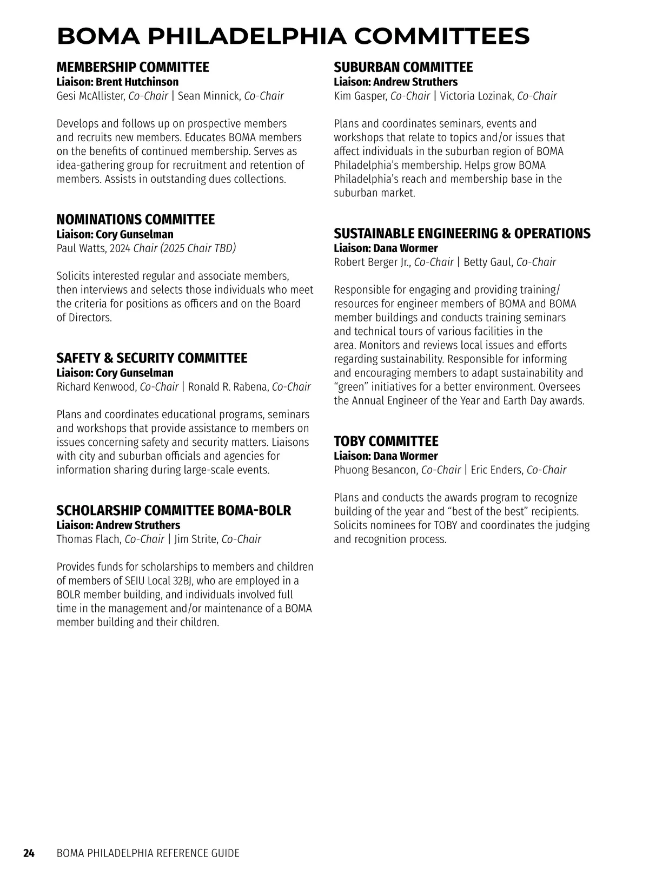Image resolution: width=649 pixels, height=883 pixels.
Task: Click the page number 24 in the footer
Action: click(x=29, y=853)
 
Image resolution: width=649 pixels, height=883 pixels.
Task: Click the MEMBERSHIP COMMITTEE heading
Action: click(x=133, y=68)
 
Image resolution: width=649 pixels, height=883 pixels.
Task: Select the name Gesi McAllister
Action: click(x=90, y=96)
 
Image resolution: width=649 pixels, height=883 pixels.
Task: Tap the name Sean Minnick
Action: click(x=208, y=96)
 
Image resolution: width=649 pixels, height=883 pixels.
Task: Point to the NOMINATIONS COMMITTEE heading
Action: click(x=135, y=220)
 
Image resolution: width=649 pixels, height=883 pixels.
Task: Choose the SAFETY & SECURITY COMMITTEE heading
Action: click(x=151, y=358)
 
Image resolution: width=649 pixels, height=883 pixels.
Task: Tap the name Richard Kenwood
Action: click(x=96, y=387)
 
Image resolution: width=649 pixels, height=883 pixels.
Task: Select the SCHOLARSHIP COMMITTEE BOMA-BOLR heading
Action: click(x=174, y=511)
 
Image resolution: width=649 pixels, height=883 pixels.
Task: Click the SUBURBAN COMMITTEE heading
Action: click(x=403, y=68)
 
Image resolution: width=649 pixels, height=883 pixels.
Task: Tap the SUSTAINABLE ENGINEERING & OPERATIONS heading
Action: click(x=462, y=234)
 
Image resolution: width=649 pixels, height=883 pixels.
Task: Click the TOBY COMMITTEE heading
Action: click(x=386, y=441)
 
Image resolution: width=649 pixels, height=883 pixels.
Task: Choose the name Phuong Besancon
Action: click(x=375, y=470)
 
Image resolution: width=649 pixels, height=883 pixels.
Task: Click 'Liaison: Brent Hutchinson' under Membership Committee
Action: click(x=117, y=82)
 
